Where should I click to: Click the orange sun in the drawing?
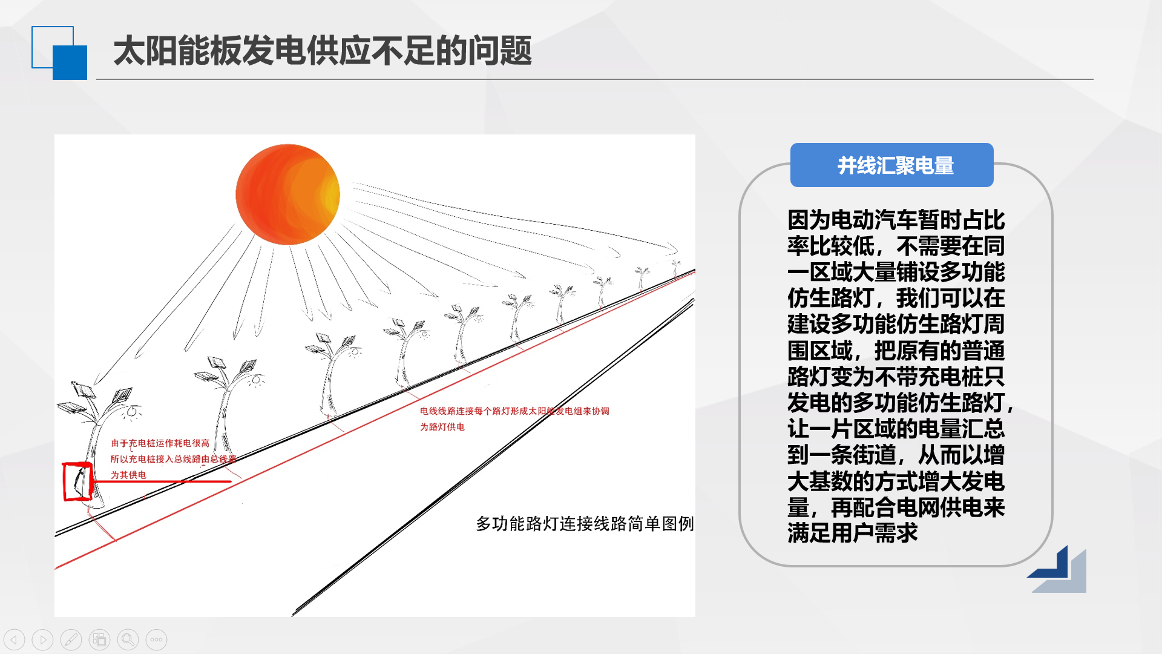[x=287, y=194]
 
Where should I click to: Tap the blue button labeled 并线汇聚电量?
[x=891, y=165]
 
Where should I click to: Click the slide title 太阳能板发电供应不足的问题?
[x=323, y=50]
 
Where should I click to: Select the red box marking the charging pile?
[x=77, y=481]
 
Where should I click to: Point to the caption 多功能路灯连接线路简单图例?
[x=585, y=524]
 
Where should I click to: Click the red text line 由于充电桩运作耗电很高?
[x=160, y=443]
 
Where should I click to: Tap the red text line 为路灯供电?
[x=442, y=427]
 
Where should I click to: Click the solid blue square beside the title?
[x=70, y=63]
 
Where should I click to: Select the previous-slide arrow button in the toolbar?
[x=14, y=639]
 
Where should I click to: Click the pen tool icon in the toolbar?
[x=71, y=639]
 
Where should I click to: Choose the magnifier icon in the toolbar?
[x=128, y=639]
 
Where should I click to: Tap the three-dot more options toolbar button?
[x=156, y=639]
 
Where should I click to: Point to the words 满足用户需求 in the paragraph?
[x=852, y=533]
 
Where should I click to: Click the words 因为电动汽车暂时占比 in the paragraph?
[x=896, y=220]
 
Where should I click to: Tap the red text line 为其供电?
[x=128, y=475]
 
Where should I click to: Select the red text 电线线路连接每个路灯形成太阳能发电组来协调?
[x=514, y=411]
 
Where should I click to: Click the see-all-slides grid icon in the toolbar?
[x=99, y=639]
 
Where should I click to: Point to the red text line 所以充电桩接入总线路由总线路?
[x=173, y=459]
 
